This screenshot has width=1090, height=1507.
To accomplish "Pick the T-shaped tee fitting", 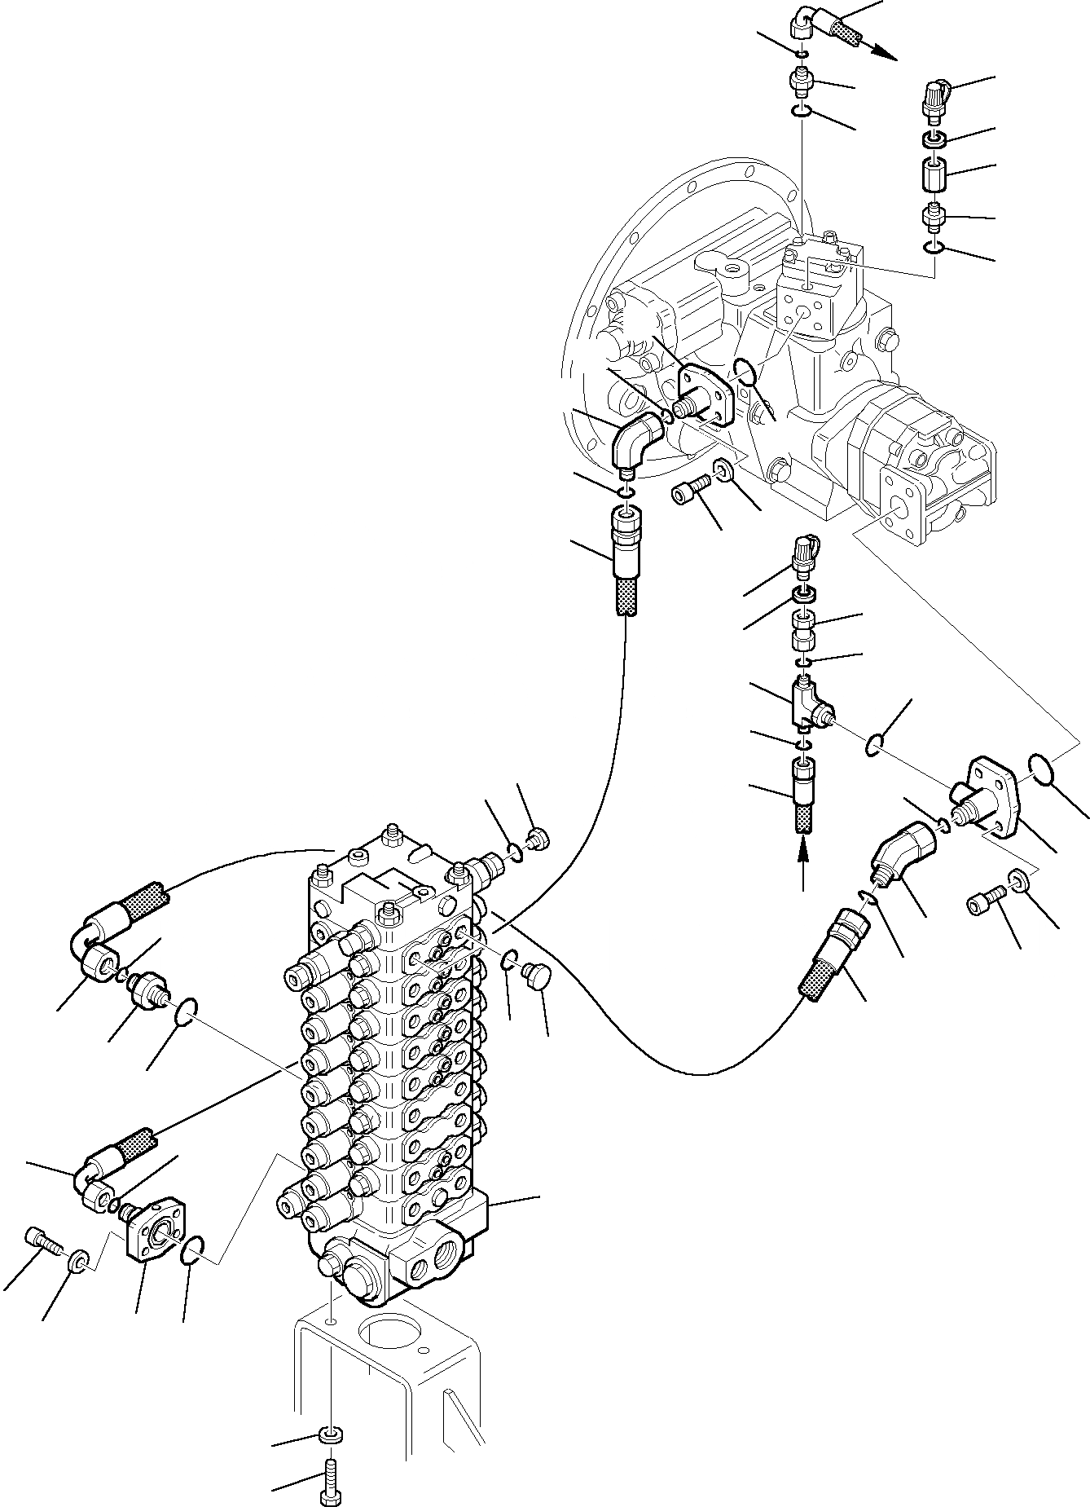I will [x=809, y=706].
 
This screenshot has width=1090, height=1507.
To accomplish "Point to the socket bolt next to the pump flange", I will [x=692, y=491].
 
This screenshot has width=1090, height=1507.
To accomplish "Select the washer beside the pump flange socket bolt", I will [x=723, y=470].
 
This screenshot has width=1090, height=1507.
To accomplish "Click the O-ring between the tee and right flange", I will [x=874, y=744].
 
